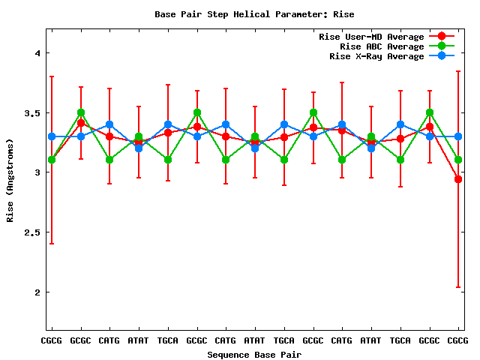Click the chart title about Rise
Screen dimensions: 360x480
(x=254, y=14)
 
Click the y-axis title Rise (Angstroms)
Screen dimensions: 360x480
(x=11, y=180)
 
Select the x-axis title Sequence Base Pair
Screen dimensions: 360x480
(x=254, y=354)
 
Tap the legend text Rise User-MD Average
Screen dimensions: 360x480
(x=371, y=37)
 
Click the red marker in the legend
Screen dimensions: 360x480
(x=442, y=37)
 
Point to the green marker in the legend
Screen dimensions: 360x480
(x=442, y=46)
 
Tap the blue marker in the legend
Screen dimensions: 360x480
(x=442, y=56)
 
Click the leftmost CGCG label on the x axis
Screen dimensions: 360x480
(x=51, y=341)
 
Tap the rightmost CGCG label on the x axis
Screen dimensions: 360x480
(x=458, y=341)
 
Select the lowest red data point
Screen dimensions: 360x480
(x=458, y=179)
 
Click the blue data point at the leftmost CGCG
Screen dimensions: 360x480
(x=51, y=136)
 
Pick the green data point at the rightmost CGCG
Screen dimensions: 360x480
(x=458, y=160)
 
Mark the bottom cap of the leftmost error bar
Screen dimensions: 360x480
(x=51, y=243)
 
